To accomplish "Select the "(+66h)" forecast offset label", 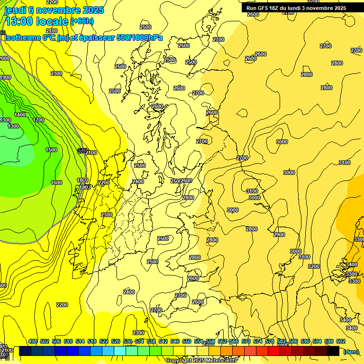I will click(82, 21).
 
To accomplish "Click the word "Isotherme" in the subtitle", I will click(22, 38).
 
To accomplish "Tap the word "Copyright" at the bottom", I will click(181, 361).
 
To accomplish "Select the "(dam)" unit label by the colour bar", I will click(351, 352).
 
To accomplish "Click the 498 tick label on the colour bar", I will click(33, 341).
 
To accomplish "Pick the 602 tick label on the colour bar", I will click(341, 341).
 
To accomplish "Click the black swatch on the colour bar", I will click(333, 351).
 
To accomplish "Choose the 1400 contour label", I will click(20, 115).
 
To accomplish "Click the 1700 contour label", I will click(39, 120).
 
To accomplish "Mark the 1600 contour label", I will click(56, 183).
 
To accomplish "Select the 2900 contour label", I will click(279, 235).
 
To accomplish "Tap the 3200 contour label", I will click(314, 267).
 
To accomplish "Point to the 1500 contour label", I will click(51, 150).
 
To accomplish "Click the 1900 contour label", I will click(5, 78).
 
